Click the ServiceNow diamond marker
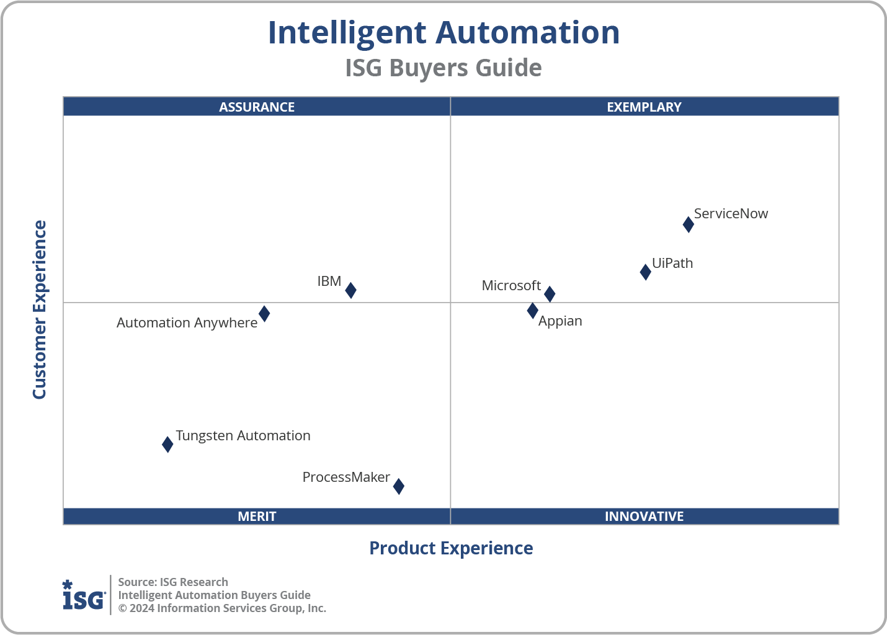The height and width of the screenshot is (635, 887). [x=688, y=224]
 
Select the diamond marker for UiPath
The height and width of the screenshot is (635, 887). [x=645, y=272]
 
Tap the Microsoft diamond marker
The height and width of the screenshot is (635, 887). [x=549, y=294]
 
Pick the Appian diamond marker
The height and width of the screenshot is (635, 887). [x=532, y=311]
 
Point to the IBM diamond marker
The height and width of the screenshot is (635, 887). [x=350, y=290]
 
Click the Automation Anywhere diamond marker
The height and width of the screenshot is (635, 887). [x=264, y=313]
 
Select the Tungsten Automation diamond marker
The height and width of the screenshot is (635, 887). [x=167, y=444]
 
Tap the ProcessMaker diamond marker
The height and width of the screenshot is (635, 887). [x=399, y=486]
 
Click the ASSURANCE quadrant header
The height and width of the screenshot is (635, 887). [x=257, y=107]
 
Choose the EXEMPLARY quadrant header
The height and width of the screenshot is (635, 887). [x=644, y=107]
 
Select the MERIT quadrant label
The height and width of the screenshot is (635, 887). [x=257, y=516]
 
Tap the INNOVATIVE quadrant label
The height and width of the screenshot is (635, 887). [x=644, y=516]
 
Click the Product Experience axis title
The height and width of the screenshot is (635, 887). [x=451, y=548]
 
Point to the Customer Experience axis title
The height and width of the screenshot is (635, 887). [x=40, y=309]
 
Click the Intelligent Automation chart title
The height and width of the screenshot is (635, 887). [x=443, y=33]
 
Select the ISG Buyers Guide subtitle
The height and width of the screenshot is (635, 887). [x=443, y=68]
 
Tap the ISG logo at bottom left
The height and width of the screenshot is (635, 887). [x=84, y=595]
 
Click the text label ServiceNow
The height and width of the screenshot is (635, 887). [x=731, y=213]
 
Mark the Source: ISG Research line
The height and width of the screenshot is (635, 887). [x=173, y=582]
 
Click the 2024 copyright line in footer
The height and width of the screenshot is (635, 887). [x=222, y=608]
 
